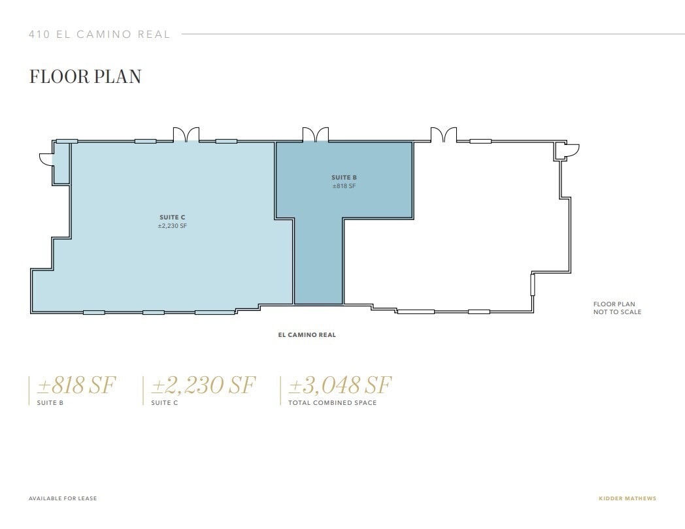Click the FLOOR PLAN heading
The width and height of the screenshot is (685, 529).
click(85, 76)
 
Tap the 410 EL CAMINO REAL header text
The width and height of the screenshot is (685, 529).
click(99, 35)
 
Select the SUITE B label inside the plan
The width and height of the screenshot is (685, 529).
click(344, 178)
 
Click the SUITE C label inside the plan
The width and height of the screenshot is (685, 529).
click(173, 217)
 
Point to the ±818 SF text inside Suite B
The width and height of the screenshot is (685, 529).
click(344, 186)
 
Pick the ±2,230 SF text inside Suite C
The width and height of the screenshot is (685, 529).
click(173, 226)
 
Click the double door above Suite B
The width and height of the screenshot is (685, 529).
click(315, 135)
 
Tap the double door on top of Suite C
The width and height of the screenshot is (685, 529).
click(186, 135)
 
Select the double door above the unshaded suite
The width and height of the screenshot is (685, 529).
click(443, 135)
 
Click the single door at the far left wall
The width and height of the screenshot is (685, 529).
click(46, 159)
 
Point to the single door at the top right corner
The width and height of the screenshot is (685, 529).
click(571, 151)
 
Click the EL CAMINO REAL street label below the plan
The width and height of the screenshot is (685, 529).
click(307, 335)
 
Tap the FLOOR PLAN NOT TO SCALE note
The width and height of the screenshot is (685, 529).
click(617, 308)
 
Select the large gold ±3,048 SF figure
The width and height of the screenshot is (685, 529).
click(339, 385)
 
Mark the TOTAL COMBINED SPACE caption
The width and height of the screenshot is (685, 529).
click(332, 403)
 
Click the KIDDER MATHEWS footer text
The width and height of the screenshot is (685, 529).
click(627, 499)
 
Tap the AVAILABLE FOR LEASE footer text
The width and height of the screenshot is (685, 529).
click(63, 499)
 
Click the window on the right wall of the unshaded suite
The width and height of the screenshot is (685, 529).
click(532, 285)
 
